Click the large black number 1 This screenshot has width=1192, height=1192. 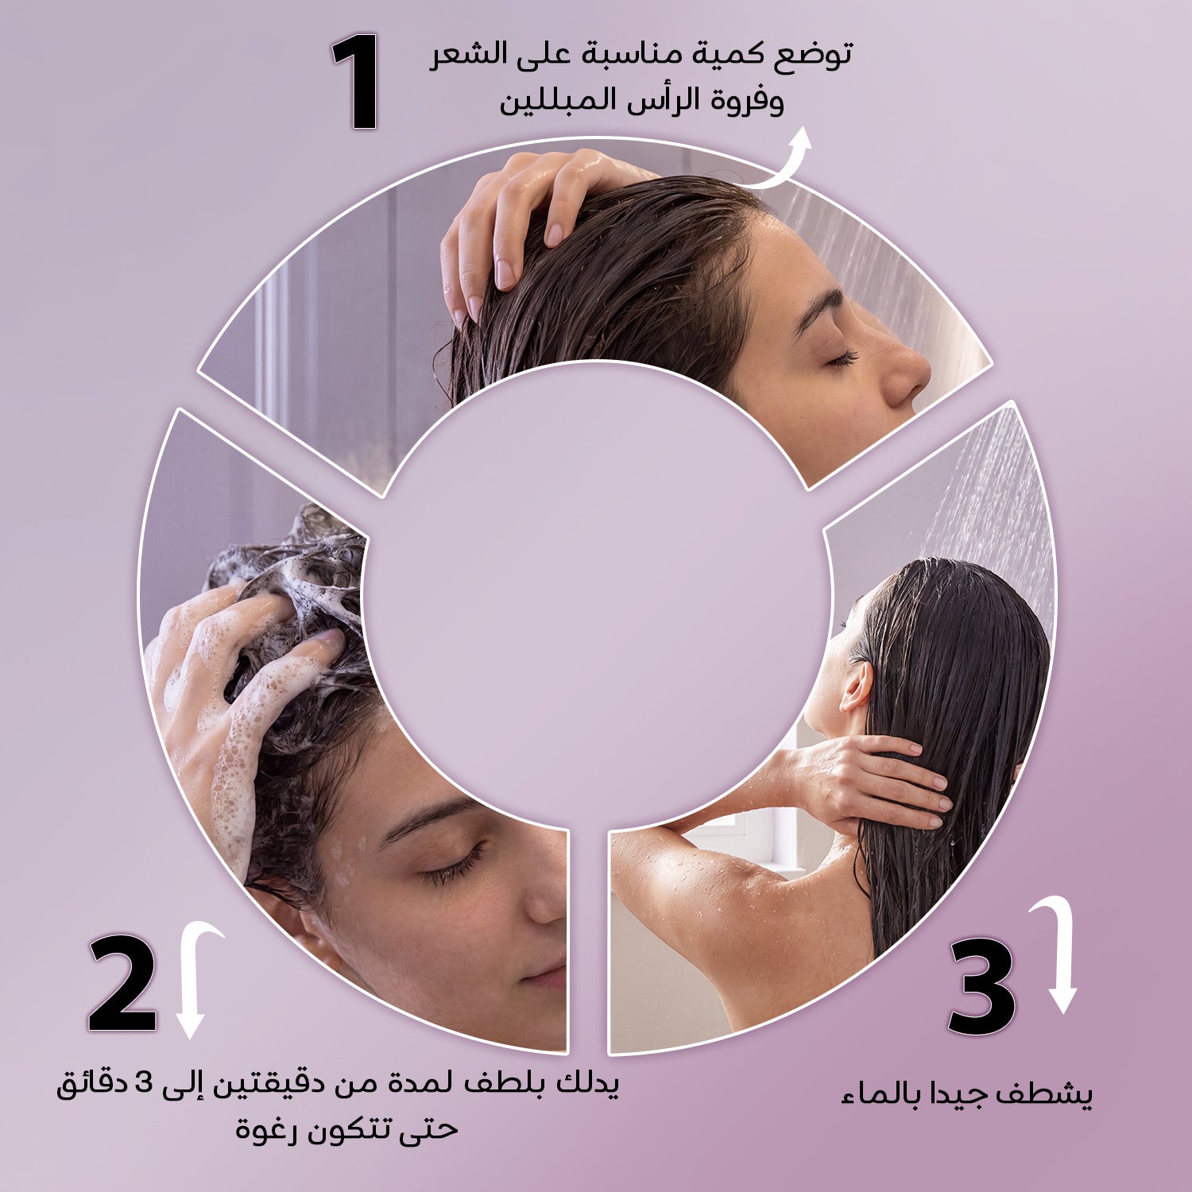click(356, 82)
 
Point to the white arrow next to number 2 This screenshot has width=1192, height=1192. click(194, 981)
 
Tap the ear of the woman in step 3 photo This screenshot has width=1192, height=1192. click(856, 686)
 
